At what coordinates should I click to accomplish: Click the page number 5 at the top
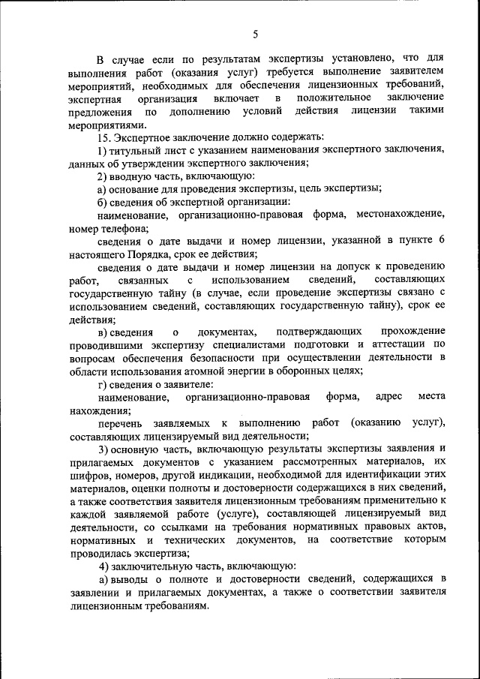click(255, 34)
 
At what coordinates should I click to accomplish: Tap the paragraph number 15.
click(104, 137)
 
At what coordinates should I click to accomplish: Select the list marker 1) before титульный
click(103, 151)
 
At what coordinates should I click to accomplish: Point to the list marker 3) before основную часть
click(103, 448)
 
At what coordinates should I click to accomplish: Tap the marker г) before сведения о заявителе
click(102, 384)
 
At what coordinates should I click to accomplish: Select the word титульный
click(135, 151)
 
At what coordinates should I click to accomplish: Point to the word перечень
click(119, 422)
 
